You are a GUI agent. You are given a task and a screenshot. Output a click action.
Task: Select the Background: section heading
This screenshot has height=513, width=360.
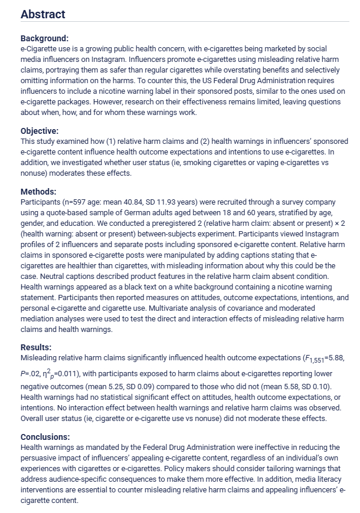tap(45, 38)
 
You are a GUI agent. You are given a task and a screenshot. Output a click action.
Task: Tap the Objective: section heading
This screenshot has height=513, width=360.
tap(40, 131)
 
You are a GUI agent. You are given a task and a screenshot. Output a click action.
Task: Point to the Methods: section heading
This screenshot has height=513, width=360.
tap(38, 192)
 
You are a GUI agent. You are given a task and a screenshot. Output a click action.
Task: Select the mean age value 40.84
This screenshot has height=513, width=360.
tap(128, 202)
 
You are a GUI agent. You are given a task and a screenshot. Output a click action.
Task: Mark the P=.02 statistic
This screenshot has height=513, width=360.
tap(31, 374)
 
